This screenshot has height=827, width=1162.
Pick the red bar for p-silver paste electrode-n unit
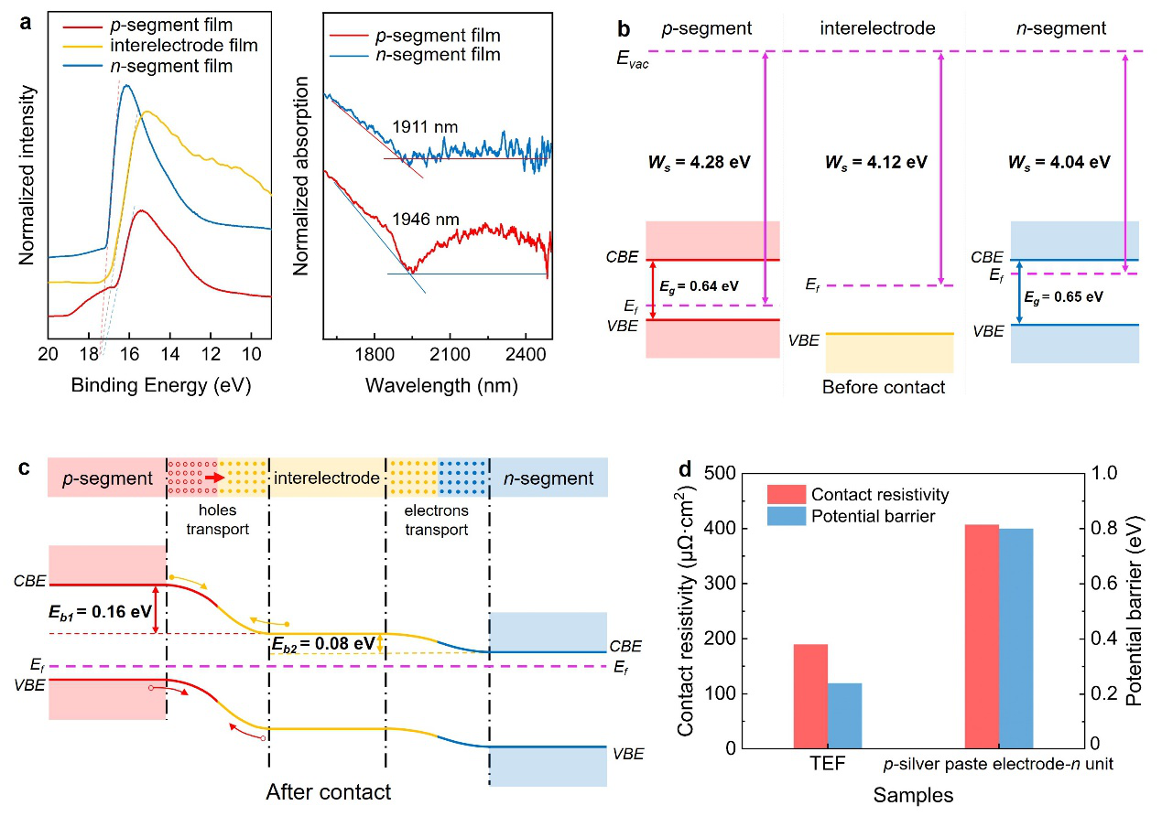tap(982, 636)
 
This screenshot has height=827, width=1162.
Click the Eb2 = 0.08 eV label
tap(323, 643)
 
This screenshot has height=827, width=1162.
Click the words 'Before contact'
tap(883, 387)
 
